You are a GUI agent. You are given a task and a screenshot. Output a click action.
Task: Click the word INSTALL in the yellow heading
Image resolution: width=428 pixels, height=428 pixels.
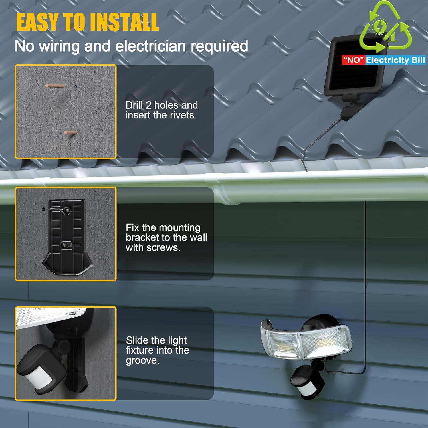124,22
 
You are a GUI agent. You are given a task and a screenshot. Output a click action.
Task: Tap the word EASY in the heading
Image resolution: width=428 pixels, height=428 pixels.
38,22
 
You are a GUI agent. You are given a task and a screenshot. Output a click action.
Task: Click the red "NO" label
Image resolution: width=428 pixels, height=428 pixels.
353,60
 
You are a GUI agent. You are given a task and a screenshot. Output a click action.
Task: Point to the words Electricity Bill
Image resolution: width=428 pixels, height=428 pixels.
395,60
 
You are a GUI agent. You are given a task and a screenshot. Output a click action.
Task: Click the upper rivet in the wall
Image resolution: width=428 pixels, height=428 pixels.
55,86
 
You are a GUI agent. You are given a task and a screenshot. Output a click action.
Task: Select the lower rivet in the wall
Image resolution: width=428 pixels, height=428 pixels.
70,132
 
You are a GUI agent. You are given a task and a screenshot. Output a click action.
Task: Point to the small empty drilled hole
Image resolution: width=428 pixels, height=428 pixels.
76,86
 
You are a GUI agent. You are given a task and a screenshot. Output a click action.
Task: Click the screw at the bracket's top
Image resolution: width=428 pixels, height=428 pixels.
56,210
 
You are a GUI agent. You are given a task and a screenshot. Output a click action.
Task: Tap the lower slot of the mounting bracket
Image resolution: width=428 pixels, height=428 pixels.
66,245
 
